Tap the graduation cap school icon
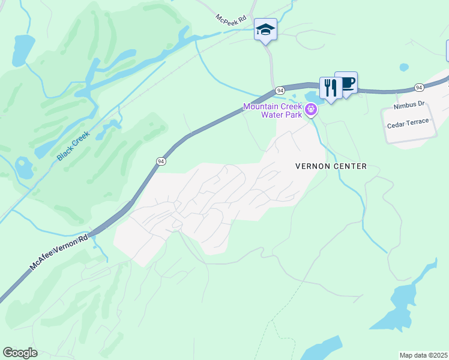(265, 29)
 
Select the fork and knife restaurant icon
(330, 88)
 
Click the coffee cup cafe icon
(346, 82)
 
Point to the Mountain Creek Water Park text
(272, 110)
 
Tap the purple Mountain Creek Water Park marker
(310, 109)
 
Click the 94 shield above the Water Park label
(280, 90)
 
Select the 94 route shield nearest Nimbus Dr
(419, 88)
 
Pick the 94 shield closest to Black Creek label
(160, 161)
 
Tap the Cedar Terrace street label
(408, 121)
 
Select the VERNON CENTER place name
(331, 166)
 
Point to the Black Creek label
(73, 146)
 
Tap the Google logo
(20, 353)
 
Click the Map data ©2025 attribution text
(423, 355)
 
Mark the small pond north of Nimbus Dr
(404, 67)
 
